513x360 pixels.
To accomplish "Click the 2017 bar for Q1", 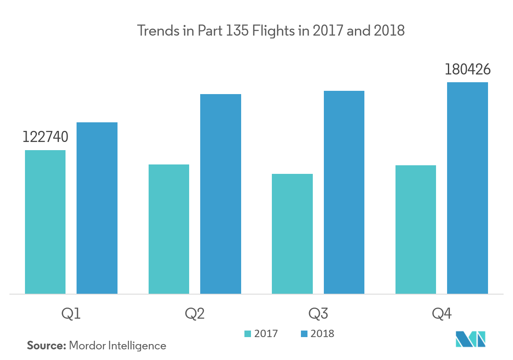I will click(45, 222).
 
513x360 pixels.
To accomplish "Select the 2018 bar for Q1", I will click(97, 208).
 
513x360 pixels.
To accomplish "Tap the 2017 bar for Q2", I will click(169, 229).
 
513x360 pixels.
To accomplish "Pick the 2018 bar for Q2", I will click(221, 194).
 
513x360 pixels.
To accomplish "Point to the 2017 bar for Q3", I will click(292, 234).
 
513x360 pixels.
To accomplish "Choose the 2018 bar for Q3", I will click(344, 192).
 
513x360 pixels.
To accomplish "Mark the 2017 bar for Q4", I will click(416, 229).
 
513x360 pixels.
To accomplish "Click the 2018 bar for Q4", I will click(468, 188).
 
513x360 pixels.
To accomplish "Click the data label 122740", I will click(45, 137).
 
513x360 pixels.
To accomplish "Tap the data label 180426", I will click(468, 70).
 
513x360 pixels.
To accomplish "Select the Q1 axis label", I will click(71, 314).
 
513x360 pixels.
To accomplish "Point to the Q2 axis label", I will click(194, 314).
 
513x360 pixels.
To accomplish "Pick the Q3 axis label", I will click(318, 314).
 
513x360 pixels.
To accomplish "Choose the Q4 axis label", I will click(442, 314).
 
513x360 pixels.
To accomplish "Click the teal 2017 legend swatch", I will click(248, 337).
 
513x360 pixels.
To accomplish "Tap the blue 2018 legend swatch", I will click(304, 337).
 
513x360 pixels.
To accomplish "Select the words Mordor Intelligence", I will click(118, 346).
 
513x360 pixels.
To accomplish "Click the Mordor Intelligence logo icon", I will click(470, 339).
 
